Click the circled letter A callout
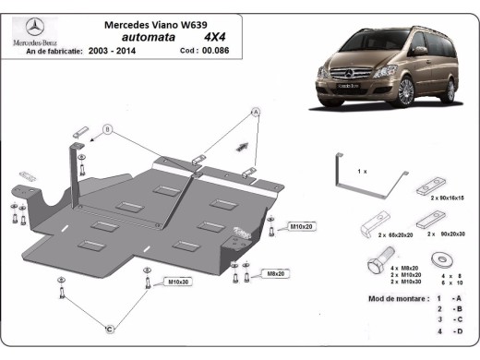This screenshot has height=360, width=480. pyautogui.click(x=256, y=113)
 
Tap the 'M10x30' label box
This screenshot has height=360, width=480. pyautogui.click(x=179, y=282)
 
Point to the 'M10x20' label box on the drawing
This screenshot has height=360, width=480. pyautogui.click(x=301, y=226)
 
